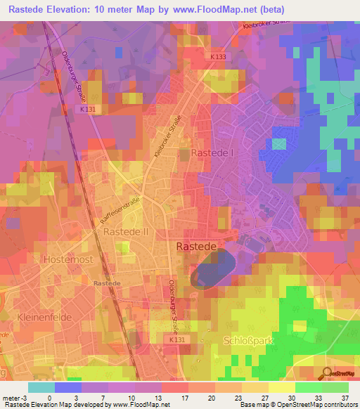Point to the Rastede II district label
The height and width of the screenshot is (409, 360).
[x=125, y=231]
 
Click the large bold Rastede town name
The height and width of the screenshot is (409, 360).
[x=199, y=247]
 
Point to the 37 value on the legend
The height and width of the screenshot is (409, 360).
[x=345, y=397]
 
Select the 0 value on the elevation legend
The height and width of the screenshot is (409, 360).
[x=49, y=397]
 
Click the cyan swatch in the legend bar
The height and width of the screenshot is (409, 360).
[x=41, y=387]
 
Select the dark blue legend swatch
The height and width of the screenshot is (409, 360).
[x=67, y=387]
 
